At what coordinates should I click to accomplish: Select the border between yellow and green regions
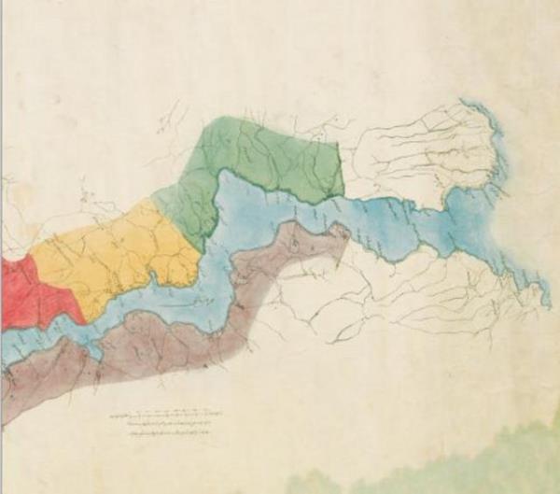pyautogui.click(x=173, y=210)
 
